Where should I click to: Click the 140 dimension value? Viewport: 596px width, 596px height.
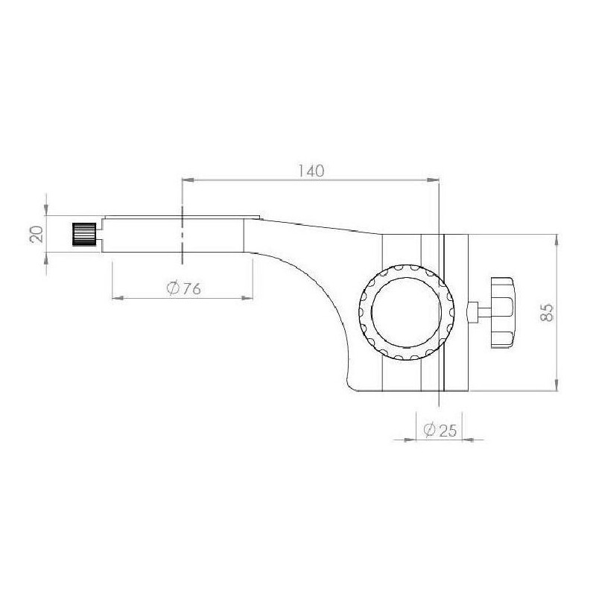tap(311, 171)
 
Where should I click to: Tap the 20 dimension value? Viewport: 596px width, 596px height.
tap(37, 234)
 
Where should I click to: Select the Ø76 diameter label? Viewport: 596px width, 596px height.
tap(183, 289)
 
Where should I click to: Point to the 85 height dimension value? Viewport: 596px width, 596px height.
tap(548, 312)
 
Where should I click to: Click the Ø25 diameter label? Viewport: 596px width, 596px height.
tap(440, 430)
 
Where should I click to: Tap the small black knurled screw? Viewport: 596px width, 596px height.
tap(84, 234)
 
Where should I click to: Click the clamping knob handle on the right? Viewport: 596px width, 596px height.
tap(502, 312)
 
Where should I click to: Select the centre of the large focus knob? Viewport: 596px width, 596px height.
tap(407, 312)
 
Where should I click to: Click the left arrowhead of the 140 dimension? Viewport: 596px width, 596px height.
tap(188, 180)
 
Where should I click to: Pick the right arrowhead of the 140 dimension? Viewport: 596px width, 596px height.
tap(433, 180)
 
